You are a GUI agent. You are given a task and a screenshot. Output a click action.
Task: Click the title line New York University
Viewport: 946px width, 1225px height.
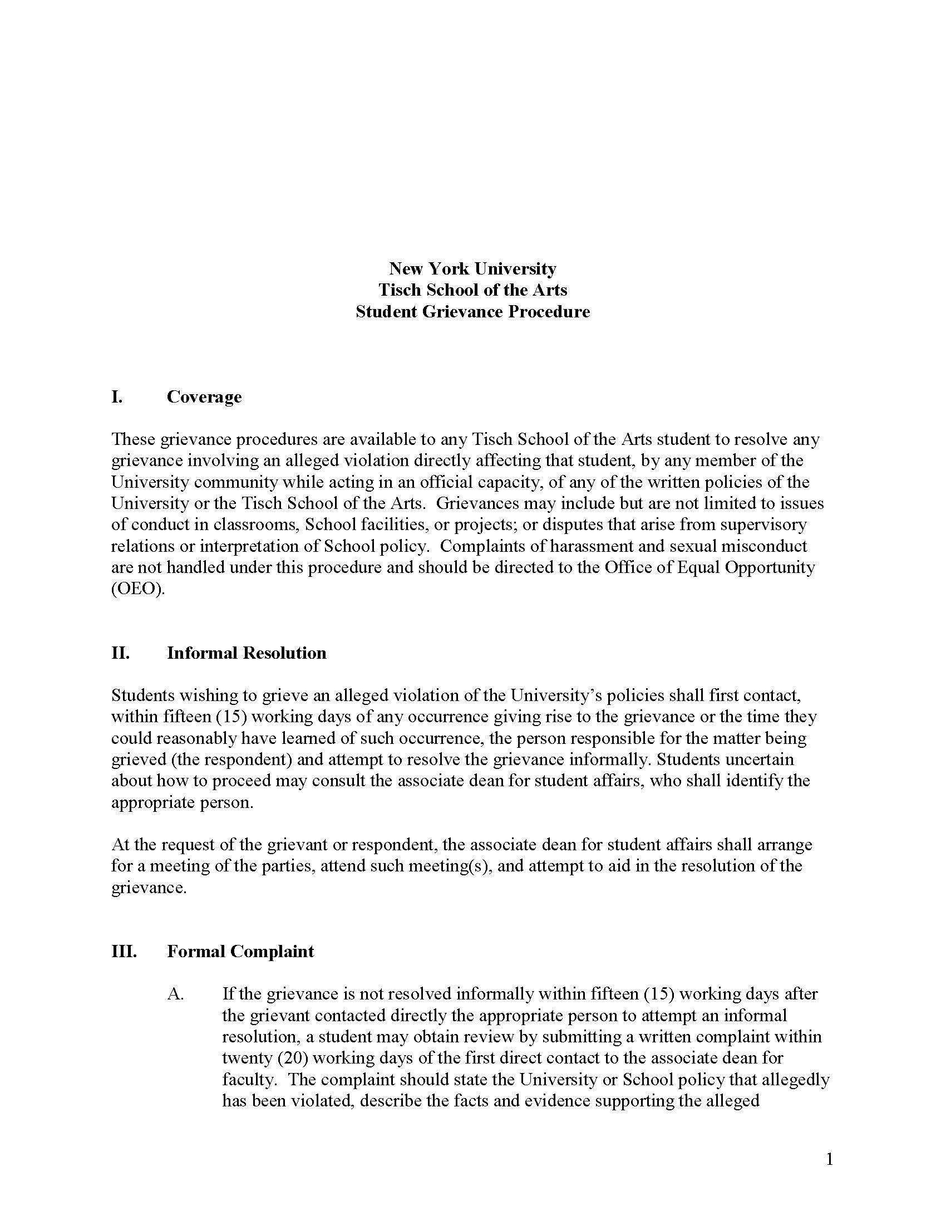(472, 269)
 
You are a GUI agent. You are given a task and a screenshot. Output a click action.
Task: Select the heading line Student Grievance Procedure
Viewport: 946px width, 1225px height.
(472, 311)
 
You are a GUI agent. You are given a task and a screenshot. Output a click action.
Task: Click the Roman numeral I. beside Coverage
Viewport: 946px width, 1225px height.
(117, 396)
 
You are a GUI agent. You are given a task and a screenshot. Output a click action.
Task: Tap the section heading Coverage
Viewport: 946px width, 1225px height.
(204, 396)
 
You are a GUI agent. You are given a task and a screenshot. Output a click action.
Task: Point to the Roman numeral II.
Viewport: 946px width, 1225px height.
(121, 653)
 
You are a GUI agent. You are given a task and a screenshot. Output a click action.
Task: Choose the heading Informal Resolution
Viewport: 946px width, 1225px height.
(247, 653)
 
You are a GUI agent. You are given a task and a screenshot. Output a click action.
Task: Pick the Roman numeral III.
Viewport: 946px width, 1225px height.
(124, 951)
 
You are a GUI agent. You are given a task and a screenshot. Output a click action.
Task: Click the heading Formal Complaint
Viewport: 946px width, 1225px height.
(240, 951)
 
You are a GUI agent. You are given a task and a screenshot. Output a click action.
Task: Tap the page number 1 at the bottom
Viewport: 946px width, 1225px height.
(830, 1159)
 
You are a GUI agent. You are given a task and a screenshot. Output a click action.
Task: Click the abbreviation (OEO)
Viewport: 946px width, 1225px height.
(138, 589)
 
